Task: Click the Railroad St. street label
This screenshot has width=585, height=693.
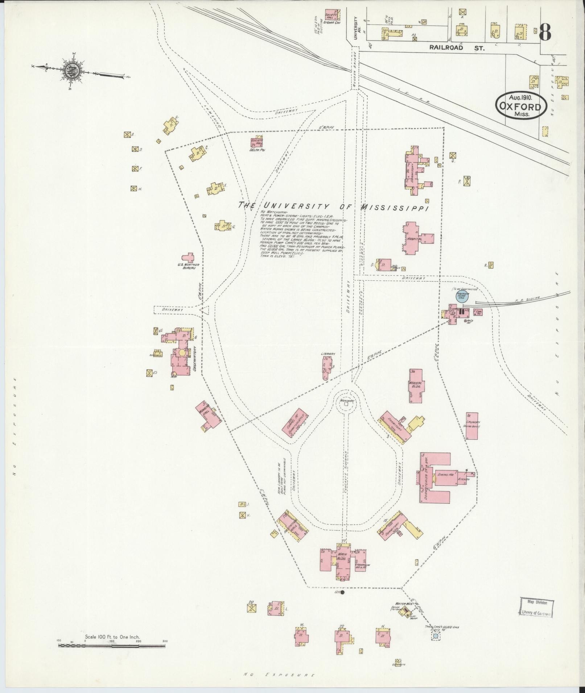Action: pos(457,47)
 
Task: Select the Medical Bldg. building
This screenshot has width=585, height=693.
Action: pos(416,385)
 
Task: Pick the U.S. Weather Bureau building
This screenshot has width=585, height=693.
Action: pos(188,258)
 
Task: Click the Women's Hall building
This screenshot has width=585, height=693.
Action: pos(208,416)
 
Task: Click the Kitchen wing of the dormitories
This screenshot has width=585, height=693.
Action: pos(464,479)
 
